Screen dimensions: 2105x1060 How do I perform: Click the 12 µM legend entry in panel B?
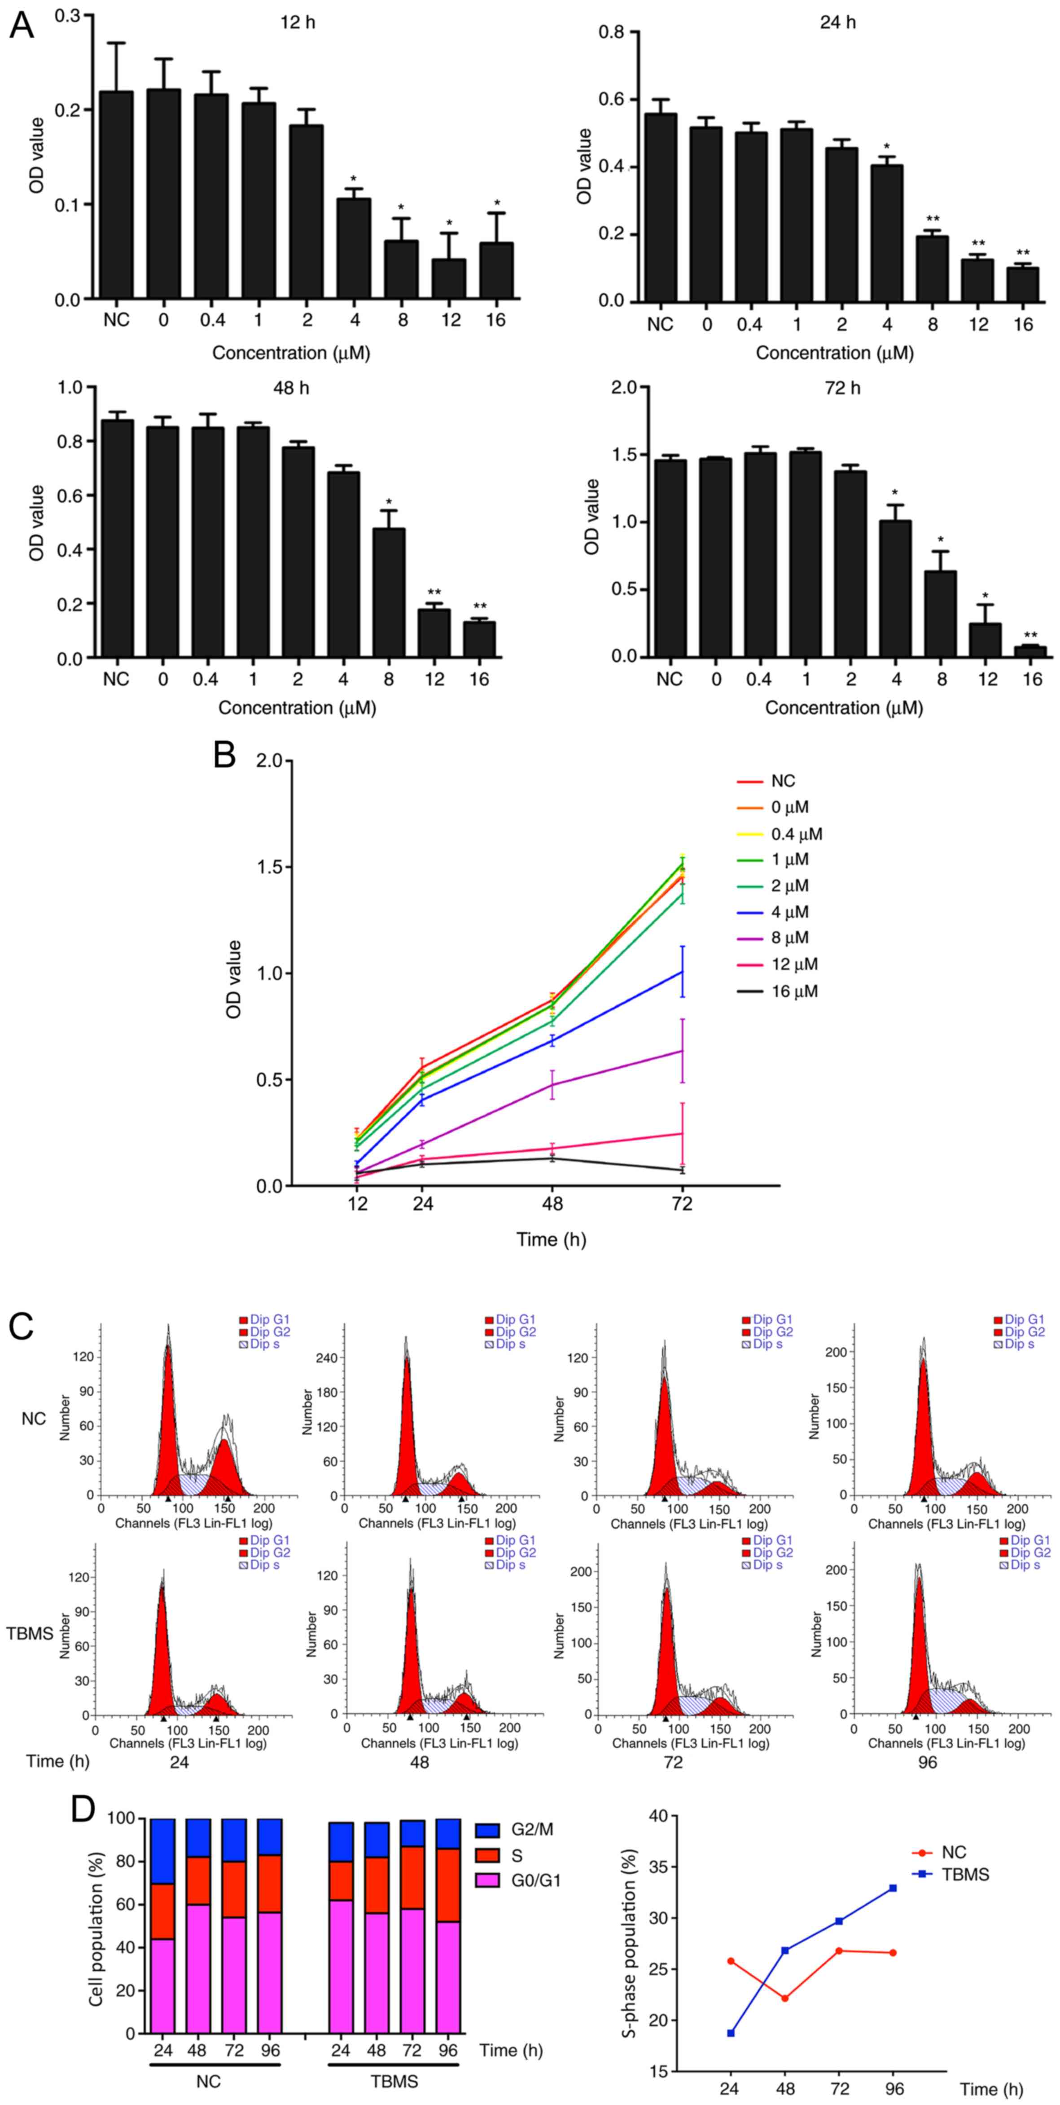point(794,964)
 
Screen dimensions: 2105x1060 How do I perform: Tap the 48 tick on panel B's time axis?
point(553,1204)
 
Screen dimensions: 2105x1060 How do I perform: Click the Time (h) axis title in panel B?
point(551,1240)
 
